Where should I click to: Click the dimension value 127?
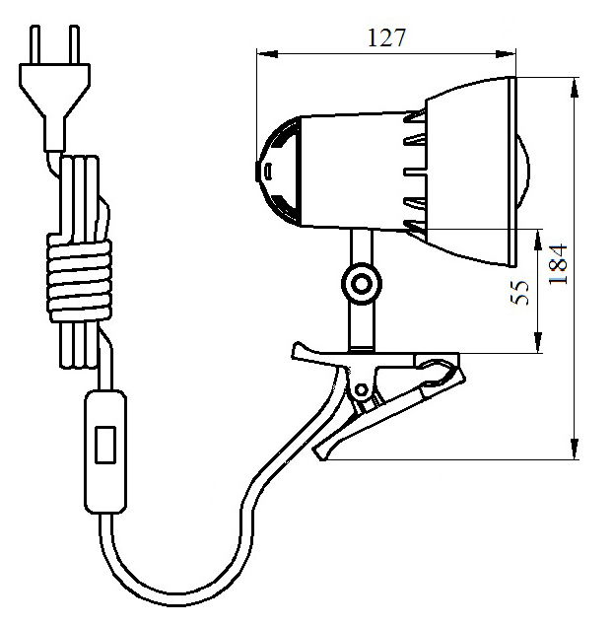[385, 38]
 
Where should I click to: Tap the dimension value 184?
[558, 264]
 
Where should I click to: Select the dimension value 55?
[520, 293]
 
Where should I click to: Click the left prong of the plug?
[35, 44]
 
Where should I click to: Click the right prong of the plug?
[74, 44]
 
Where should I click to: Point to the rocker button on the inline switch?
[105, 445]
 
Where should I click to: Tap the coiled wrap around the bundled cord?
[79, 277]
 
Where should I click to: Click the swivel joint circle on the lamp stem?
[362, 284]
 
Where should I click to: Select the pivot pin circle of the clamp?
[361, 389]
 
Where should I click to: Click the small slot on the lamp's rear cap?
[268, 171]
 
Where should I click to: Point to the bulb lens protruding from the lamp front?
[523, 172]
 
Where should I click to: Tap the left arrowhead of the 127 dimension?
[267, 53]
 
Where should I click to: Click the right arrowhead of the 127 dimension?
[505, 54]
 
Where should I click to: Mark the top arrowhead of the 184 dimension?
[575, 88]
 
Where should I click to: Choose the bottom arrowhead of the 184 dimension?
[575, 449]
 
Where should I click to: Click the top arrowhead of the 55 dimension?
[538, 240]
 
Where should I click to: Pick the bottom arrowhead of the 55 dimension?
[538, 343]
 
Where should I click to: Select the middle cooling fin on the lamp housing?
[415, 173]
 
